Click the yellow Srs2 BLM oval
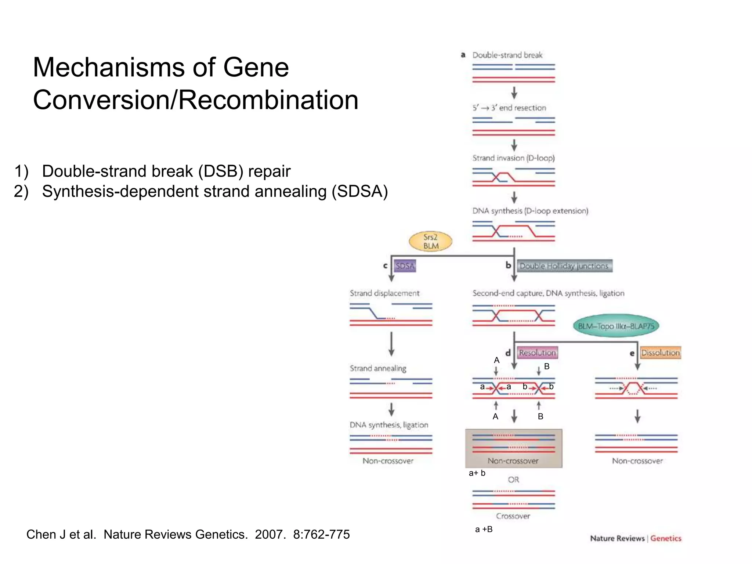coord(430,242)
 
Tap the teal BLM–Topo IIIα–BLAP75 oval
coord(616,326)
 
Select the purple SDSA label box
coord(405,266)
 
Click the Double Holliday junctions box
coord(564,266)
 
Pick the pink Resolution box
coord(537,352)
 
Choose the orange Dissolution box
coord(660,352)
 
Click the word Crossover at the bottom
coord(513,516)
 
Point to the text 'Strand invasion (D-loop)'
coord(513,158)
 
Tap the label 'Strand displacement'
coord(384,293)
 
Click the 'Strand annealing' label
coord(378,368)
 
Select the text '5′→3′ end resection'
coord(509,108)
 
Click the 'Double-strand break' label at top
coord(507,55)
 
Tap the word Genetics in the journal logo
coord(666,538)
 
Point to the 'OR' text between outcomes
coord(513,480)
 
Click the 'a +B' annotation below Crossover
coord(484,529)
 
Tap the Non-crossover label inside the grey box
coord(513,461)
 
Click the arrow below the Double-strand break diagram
coord(514,93)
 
